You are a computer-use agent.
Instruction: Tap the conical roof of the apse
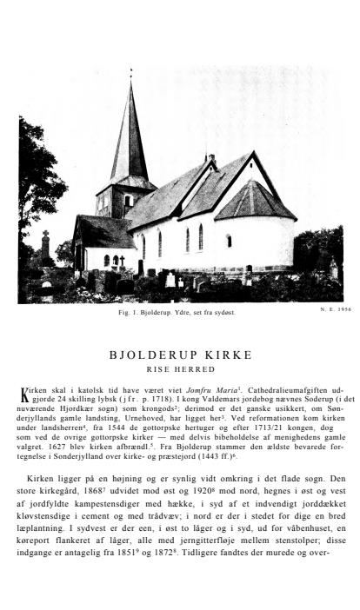255,200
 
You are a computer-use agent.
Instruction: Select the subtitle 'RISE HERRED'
180,369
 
